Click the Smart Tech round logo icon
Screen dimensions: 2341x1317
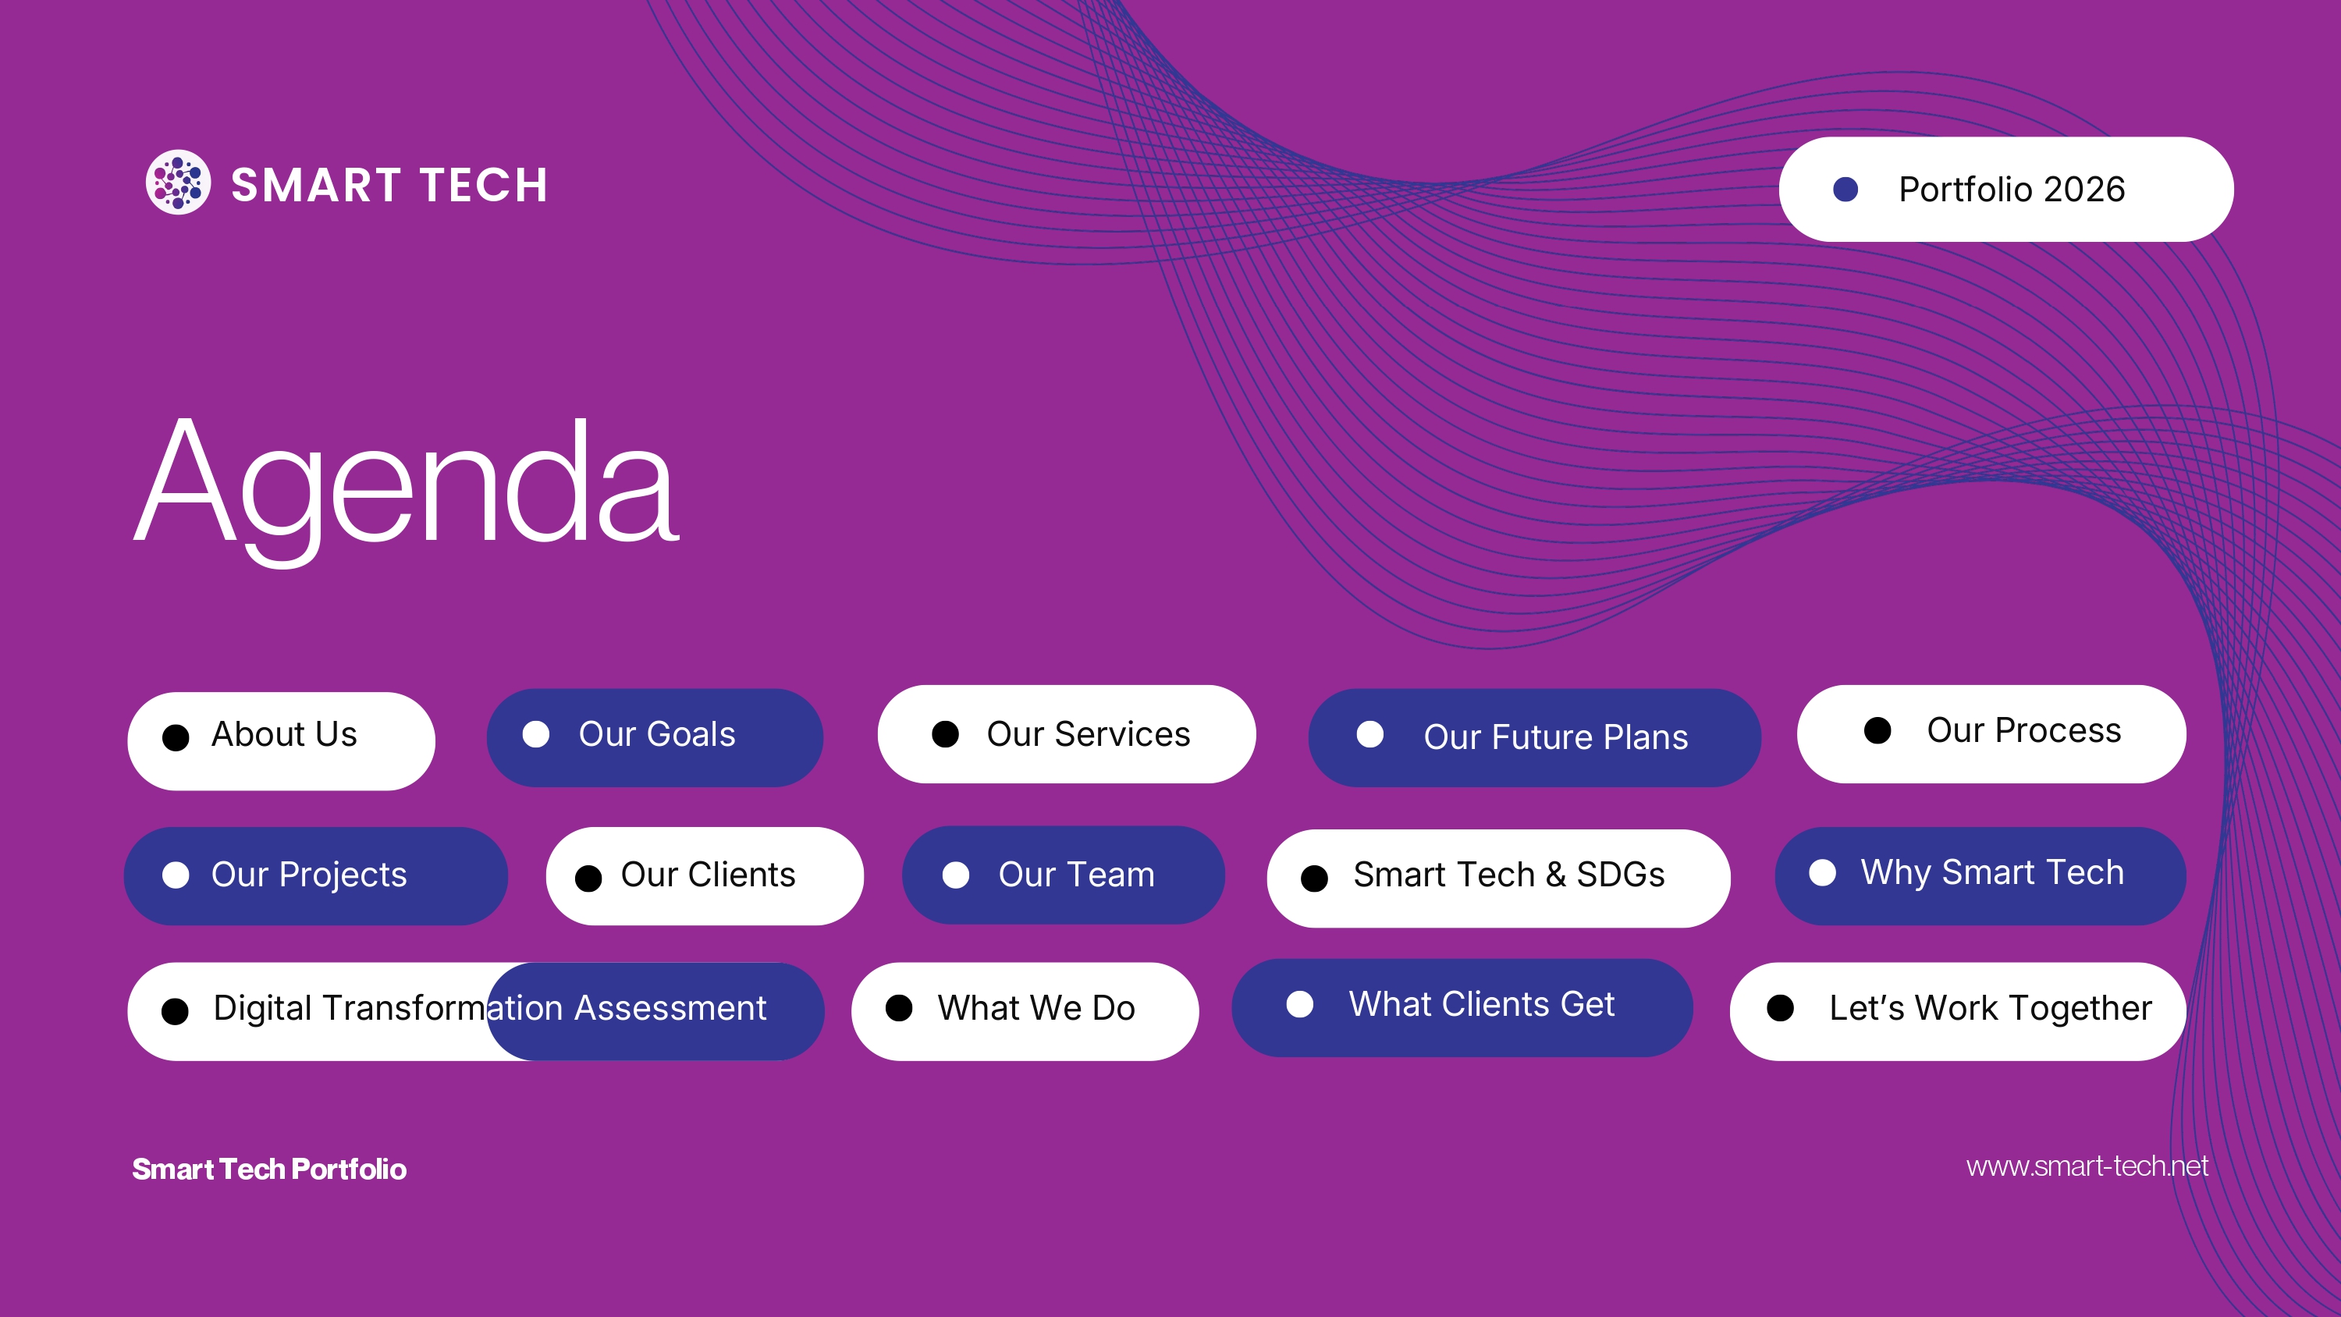178,182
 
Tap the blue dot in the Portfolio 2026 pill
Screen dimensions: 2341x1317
1845,189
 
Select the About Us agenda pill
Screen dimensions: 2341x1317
281,740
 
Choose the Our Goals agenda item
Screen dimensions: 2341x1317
655,737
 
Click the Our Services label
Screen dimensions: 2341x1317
1088,733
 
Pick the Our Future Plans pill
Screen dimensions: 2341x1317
1534,737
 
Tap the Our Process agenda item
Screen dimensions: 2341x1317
1991,733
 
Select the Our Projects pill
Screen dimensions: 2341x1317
315,876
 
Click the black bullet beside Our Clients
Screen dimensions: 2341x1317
589,878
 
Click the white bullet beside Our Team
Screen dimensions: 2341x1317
955,875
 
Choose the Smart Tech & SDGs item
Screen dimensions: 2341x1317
1498,878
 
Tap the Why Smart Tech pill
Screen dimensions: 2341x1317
1980,876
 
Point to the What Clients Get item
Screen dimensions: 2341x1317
1462,1008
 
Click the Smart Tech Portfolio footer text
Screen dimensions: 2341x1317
269,1169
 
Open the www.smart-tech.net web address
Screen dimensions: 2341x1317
2087,1166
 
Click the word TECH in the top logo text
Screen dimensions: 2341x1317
484,186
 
